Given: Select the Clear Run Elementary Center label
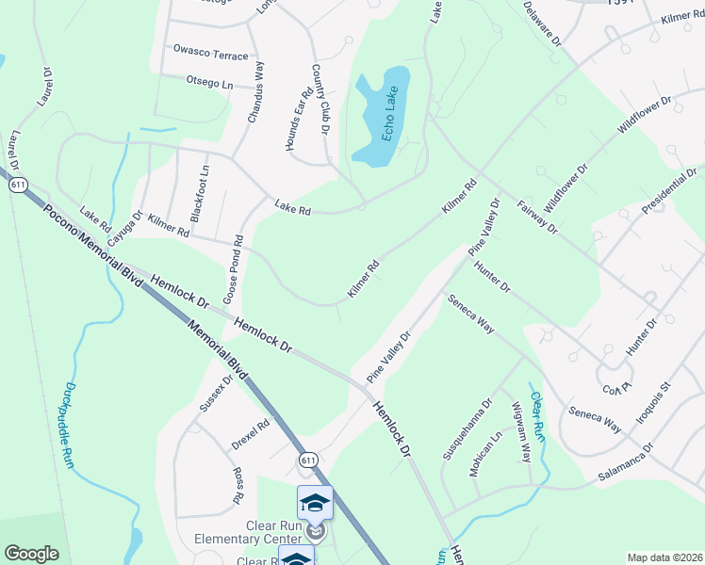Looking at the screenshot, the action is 248,532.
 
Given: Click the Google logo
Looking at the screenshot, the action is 31,554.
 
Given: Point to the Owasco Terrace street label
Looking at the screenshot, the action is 210,56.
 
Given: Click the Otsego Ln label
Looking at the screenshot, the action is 209,83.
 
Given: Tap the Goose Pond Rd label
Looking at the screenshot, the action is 233,268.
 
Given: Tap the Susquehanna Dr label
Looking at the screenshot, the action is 467,429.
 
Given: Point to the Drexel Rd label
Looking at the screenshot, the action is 251,434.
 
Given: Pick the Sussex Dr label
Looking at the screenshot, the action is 215,394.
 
